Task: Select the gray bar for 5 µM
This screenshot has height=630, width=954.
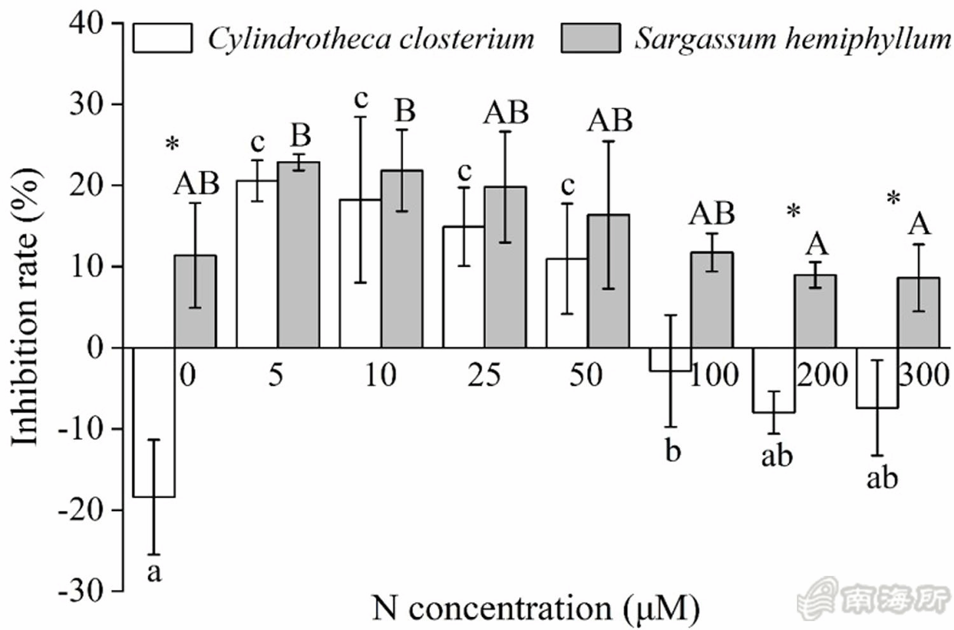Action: click(x=298, y=255)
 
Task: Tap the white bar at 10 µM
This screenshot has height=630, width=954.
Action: click(x=359, y=274)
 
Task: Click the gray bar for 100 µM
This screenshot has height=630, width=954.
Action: click(x=712, y=300)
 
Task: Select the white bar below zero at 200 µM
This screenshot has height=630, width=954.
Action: click(x=774, y=381)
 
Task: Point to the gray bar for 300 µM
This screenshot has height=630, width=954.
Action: click(x=918, y=312)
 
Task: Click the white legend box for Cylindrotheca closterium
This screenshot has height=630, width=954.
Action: click(x=162, y=38)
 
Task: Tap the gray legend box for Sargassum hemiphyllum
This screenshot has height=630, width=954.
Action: click(x=590, y=38)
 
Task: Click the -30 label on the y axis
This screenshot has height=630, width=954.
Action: click(x=80, y=592)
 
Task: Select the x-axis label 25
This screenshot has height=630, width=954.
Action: click(x=484, y=375)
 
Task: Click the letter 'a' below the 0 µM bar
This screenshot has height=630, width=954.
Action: click(x=154, y=573)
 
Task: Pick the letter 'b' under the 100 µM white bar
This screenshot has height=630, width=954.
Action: click(x=672, y=451)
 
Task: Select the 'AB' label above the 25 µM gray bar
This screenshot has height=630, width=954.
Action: click(x=506, y=113)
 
